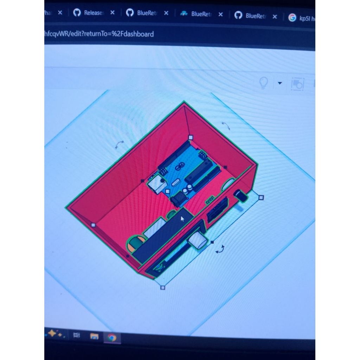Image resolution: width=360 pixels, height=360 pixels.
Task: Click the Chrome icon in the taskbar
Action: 112,338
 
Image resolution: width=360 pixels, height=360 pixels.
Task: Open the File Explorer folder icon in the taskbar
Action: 94,336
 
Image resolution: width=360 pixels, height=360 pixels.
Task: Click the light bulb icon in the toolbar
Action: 263,83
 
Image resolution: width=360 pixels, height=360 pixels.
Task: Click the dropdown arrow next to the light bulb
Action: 280,83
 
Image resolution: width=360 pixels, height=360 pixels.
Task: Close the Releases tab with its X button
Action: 112,13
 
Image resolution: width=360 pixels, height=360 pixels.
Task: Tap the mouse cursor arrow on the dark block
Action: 182,219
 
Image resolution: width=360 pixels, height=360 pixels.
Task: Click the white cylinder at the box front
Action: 198,240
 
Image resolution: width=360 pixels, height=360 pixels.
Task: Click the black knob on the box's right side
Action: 241,195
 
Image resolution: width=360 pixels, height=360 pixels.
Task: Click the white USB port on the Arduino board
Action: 157,184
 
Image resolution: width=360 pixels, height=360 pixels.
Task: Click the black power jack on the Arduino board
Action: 179,199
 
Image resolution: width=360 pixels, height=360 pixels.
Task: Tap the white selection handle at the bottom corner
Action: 163,288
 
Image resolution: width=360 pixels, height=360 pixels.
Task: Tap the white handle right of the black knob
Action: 261,198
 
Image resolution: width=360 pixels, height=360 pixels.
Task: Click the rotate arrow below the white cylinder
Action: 220,249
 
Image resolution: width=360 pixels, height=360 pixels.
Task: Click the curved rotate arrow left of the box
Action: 120,144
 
